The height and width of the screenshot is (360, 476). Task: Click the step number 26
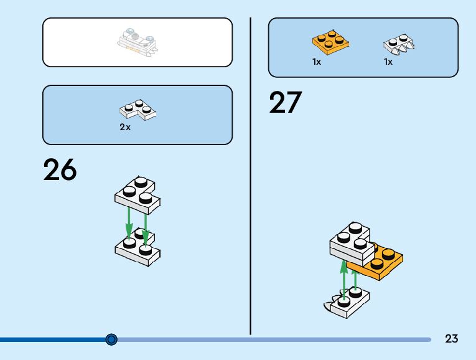click(x=60, y=169)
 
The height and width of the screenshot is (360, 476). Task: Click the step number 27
click(x=285, y=103)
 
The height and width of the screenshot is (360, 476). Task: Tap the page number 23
click(x=452, y=339)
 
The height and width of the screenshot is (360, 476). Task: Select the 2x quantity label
click(x=125, y=127)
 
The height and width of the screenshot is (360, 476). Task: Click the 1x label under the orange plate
click(x=317, y=62)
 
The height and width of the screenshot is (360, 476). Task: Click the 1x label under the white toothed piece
click(x=388, y=62)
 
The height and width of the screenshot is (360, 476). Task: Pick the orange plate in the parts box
click(x=330, y=42)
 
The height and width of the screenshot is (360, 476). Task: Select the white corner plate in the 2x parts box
click(x=138, y=110)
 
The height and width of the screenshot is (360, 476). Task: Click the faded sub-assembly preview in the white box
click(x=138, y=41)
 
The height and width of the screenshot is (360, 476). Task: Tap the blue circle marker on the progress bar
click(x=111, y=339)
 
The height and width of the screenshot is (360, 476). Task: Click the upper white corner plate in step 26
click(x=138, y=192)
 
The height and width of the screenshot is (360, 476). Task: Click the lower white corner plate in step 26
click(x=137, y=249)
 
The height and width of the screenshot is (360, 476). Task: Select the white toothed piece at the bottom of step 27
click(x=345, y=301)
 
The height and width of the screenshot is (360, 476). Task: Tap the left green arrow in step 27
click(x=343, y=277)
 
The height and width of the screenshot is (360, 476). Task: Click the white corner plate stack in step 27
click(x=352, y=242)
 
